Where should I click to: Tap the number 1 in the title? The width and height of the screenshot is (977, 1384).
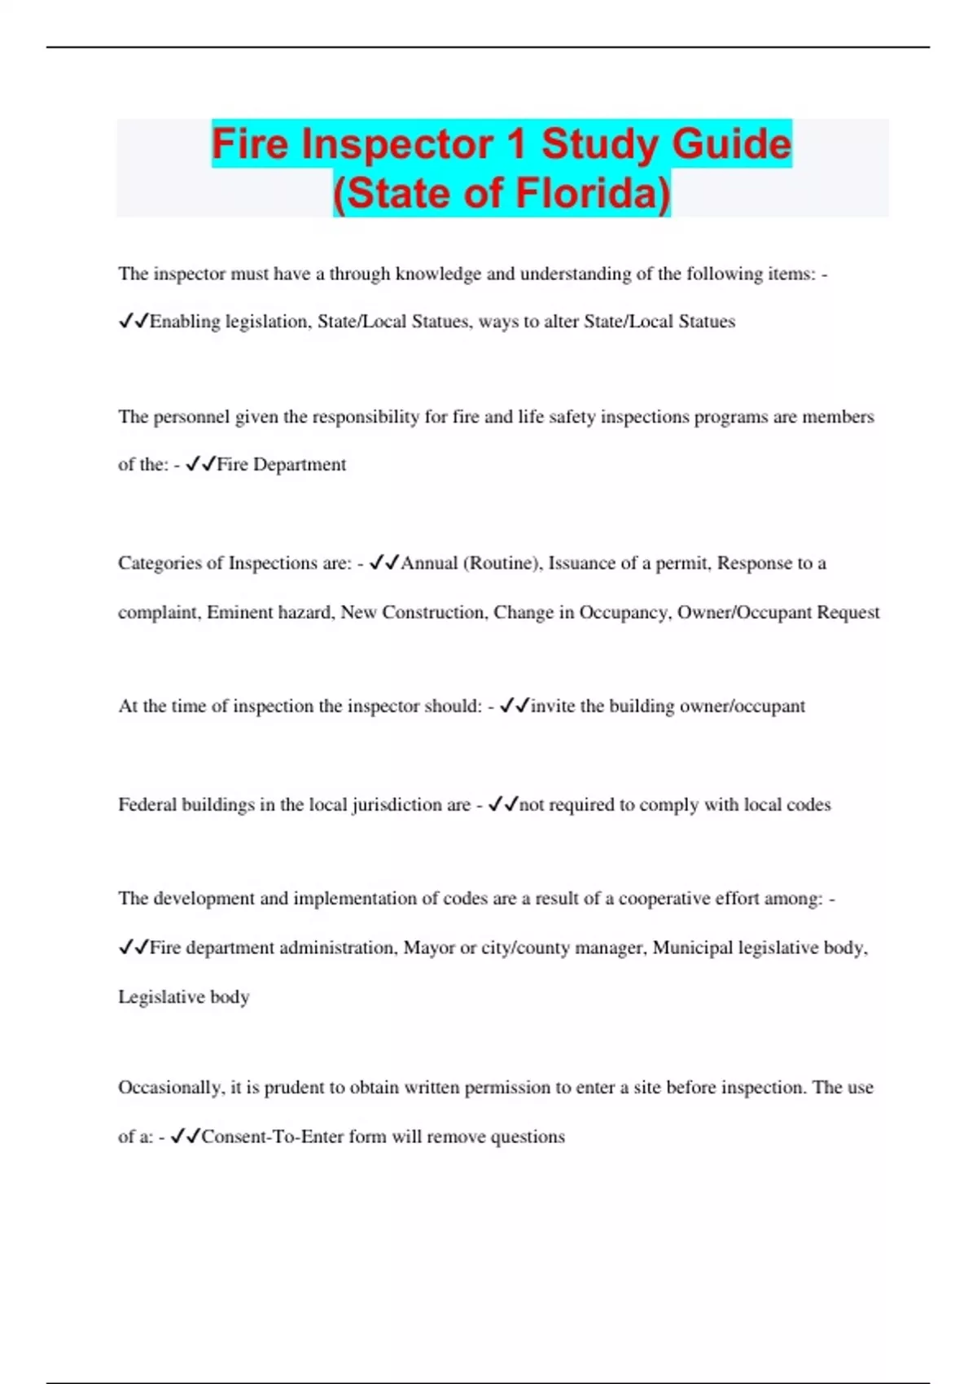(x=516, y=144)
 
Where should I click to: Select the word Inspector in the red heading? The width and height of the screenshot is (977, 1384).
(x=396, y=144)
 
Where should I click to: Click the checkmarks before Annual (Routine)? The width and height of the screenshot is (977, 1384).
(x=383, y=563)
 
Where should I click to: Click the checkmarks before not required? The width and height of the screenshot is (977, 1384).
(x=503, y=805)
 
